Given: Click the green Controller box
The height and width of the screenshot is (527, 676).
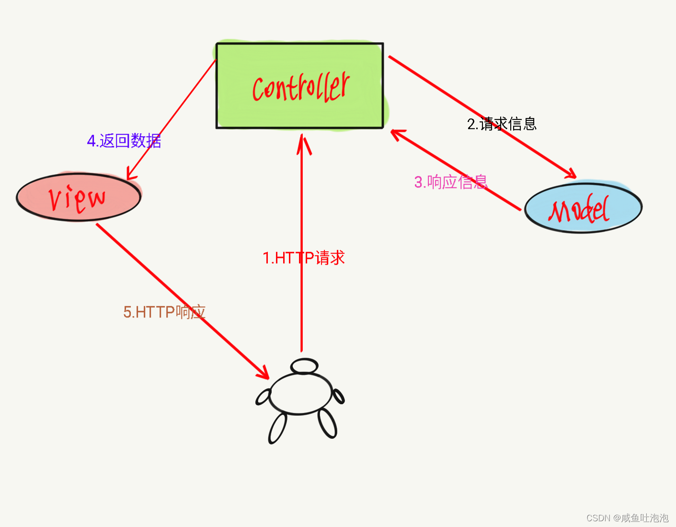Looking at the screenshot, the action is [300, 86].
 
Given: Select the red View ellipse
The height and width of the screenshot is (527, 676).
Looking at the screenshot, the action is [79, 197].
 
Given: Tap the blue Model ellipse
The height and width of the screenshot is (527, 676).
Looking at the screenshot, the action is [583, 208].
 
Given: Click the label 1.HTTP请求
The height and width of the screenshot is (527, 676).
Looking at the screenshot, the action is [304, 258].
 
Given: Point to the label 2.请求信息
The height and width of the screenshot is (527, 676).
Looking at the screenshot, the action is [502, 124].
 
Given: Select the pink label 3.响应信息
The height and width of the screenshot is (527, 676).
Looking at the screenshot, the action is [451, 182].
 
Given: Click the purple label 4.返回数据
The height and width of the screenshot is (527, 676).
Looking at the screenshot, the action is [124, 141].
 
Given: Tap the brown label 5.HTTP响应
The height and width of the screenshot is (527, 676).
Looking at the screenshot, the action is [164, 312].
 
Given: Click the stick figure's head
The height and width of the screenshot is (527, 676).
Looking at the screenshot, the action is [304, 366].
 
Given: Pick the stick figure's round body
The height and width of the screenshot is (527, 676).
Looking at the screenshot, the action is [300, 394].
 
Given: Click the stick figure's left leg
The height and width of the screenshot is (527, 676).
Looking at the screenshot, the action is [278, 428].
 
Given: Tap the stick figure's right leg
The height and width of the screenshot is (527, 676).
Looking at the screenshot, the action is [328, 423].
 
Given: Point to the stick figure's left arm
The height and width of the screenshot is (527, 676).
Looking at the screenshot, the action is [264, 397].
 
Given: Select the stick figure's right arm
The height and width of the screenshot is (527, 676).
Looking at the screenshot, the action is [338, 396].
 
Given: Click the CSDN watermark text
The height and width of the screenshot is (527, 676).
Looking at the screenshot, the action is [627, 518].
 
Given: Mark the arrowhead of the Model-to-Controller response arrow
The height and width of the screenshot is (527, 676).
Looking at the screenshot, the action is [396, 133].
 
